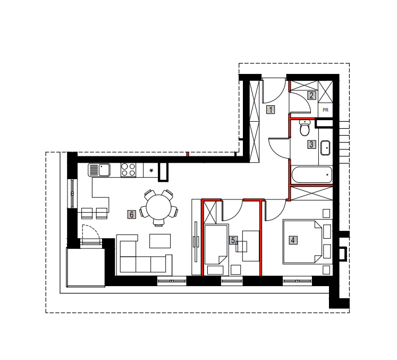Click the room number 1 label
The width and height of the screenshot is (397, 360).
[x=271, y=110]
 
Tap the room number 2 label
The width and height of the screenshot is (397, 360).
[x=311, y=96]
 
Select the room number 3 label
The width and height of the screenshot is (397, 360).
[x=311, y=145]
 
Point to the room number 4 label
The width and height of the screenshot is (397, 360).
[x=293, y=240]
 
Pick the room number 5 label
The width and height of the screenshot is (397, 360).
[x=233, y=240]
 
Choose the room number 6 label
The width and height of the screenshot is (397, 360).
[x=132, y=215]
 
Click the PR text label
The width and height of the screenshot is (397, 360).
[x=325, y=110]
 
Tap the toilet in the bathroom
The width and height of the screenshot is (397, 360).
[x=305, y=128]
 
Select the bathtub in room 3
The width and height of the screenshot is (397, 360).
[x=311, y=174]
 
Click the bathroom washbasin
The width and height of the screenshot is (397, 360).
[x=325, y=148]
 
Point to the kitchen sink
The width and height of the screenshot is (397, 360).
[x=99, y=170]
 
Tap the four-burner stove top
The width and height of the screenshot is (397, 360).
[x=128, y=170]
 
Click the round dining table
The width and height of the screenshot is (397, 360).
[x=159, y=207]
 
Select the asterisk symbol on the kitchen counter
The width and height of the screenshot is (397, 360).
[x=151, y=171]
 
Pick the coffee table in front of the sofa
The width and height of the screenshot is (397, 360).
[x=160, y=241]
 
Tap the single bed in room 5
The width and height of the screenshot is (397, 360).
[x=216, y=245]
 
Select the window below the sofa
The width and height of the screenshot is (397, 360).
[x=172, y=281]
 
